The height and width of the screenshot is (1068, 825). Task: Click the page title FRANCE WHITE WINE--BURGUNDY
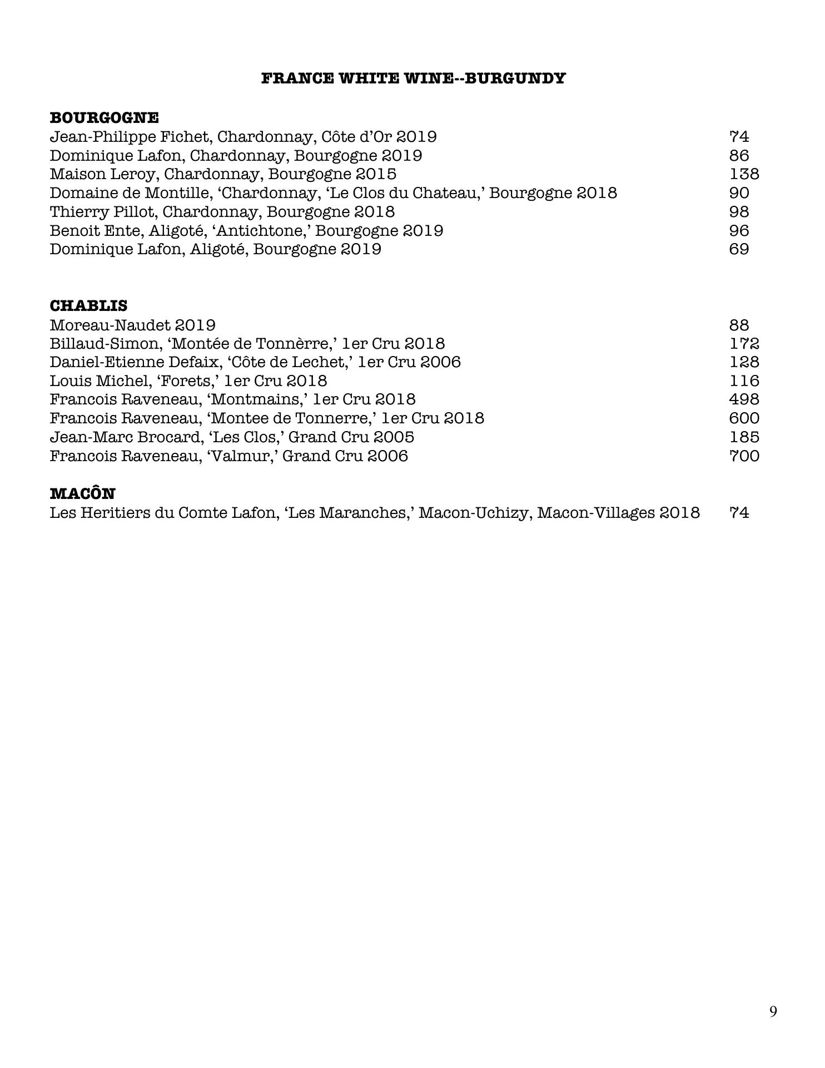[x=413, y=78]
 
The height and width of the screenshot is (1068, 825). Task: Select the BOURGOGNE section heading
[x=104, y=118]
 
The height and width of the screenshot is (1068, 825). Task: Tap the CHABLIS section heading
[x=88, y=306]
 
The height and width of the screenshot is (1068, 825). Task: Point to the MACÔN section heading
[x=82, y=494]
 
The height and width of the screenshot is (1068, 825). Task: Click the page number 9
[x=773, y=1011]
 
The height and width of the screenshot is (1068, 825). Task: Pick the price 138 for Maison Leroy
[x=744, y=174]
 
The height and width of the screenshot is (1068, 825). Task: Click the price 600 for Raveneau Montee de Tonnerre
[x=744, y=418]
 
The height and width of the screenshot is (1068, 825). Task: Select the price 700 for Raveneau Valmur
[x=744, y=456]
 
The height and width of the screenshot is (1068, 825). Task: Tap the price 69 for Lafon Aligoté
[x=739, y=249]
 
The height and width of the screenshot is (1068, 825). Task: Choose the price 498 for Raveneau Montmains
[x=744, y=399]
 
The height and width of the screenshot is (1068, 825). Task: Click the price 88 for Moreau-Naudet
[x=739, y=325]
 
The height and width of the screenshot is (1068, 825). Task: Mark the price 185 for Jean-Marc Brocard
[x=744, y=437]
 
